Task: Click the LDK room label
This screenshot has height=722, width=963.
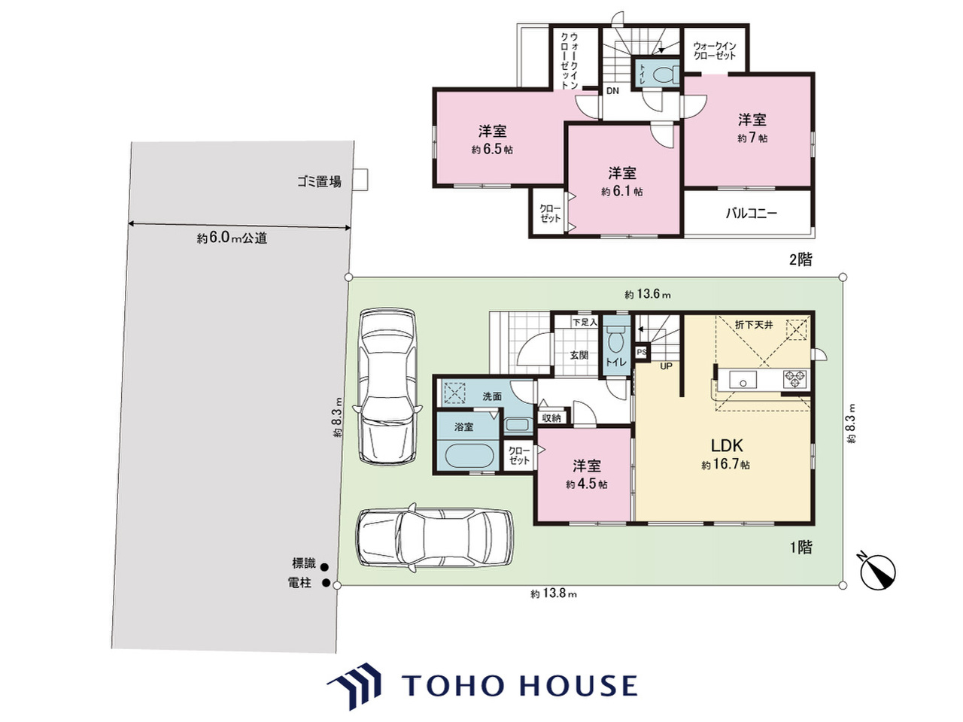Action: click(727, 446)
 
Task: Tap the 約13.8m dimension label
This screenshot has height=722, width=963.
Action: click(554, 594)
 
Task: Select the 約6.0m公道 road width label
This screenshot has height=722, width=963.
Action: click(232, 238)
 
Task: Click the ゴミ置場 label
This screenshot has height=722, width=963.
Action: click(320, 181)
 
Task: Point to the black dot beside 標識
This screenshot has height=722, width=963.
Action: click(325, 567)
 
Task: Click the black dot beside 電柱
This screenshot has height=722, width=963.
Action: click(326, 583)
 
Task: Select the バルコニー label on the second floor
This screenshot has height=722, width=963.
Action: click(751, 214)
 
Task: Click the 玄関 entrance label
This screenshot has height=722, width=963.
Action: click(579, 355)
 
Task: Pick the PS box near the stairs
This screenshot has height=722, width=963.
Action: click(642, 352)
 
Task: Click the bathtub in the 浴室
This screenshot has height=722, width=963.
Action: click(469, 456)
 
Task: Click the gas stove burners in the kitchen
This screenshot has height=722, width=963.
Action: click(795, 379)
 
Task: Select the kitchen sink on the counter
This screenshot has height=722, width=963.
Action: click(743, 380)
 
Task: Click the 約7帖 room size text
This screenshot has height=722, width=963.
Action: click(752, 138)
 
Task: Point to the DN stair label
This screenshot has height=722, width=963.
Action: click(612, 91)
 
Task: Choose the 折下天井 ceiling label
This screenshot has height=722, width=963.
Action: click(754, 325)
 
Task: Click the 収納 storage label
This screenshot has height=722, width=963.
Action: click(551, 417)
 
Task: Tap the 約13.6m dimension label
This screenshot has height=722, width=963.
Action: click(648, 294)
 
